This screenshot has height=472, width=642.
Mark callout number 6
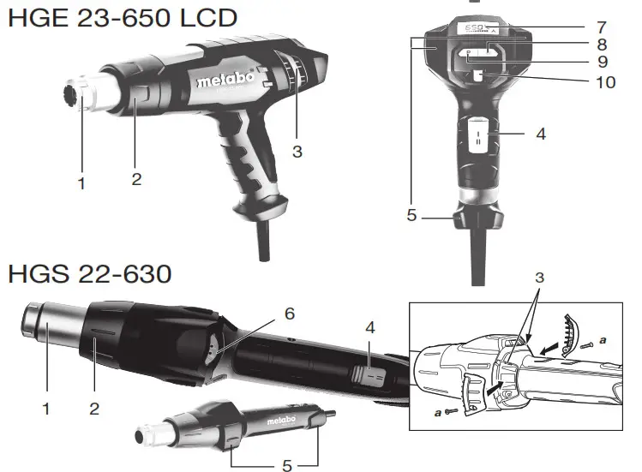pyautogui.click(x=289, y=314)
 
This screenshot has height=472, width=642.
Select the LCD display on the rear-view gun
pyautogui.click(x=479, y=28)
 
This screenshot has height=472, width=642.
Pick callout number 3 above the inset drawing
pyautogui.click(x=538, y=278)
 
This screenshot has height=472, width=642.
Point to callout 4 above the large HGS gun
pyautogui.click(x=369, y=328)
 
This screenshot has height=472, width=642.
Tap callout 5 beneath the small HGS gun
pyautogui.click(x=286, y=465)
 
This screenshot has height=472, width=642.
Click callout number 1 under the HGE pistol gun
pyautogui.click(x=81, y=183)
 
